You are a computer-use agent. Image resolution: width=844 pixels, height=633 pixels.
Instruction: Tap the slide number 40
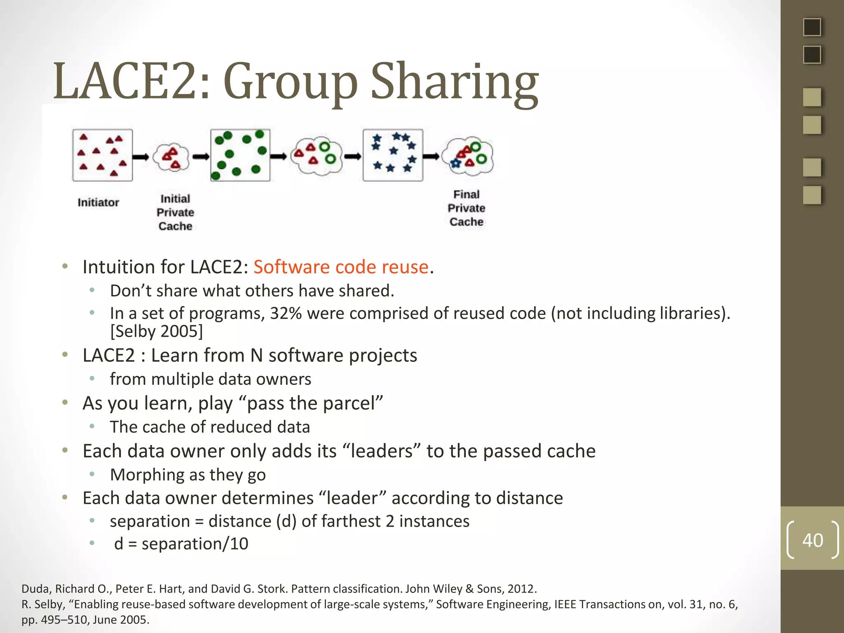tap(812, 540)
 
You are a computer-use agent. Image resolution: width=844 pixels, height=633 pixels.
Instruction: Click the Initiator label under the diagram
tap(98, 202)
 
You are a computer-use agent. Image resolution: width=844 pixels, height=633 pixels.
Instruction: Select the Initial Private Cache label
tap(175, 212)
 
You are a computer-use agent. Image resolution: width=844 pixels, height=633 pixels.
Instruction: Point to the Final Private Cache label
tap(466, 208)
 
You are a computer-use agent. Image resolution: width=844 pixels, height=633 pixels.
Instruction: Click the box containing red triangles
tap(102, 155)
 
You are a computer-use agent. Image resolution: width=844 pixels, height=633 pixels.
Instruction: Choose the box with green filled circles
tap(240, 155)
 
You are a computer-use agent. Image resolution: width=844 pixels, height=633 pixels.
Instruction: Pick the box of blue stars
tap(393, 155)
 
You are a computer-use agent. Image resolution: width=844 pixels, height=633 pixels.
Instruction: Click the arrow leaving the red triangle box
tap(141, 157)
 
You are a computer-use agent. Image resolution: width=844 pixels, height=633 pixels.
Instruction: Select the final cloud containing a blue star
tap(468, 157)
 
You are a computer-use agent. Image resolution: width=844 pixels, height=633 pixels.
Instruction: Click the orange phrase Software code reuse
tap(341, 267)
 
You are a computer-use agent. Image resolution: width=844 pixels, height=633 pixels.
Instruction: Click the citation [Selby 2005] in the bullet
tap(157, 331)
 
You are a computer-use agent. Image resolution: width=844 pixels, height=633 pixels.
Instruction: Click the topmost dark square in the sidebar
tap(812, 27)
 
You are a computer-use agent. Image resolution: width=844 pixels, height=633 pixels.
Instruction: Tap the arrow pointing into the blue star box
tap(353, 157)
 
